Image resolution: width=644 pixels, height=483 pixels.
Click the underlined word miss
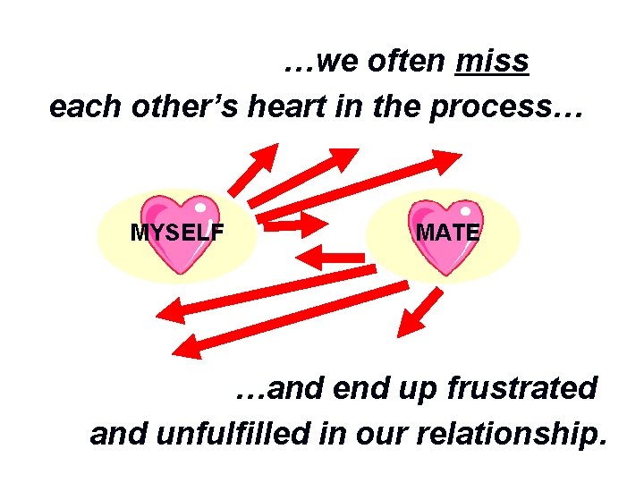click(492, 62)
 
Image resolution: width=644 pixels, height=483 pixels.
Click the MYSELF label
click(177, 234)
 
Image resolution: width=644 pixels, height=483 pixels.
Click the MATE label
click(447, 234)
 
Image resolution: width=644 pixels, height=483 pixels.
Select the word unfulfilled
click(233, 435)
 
